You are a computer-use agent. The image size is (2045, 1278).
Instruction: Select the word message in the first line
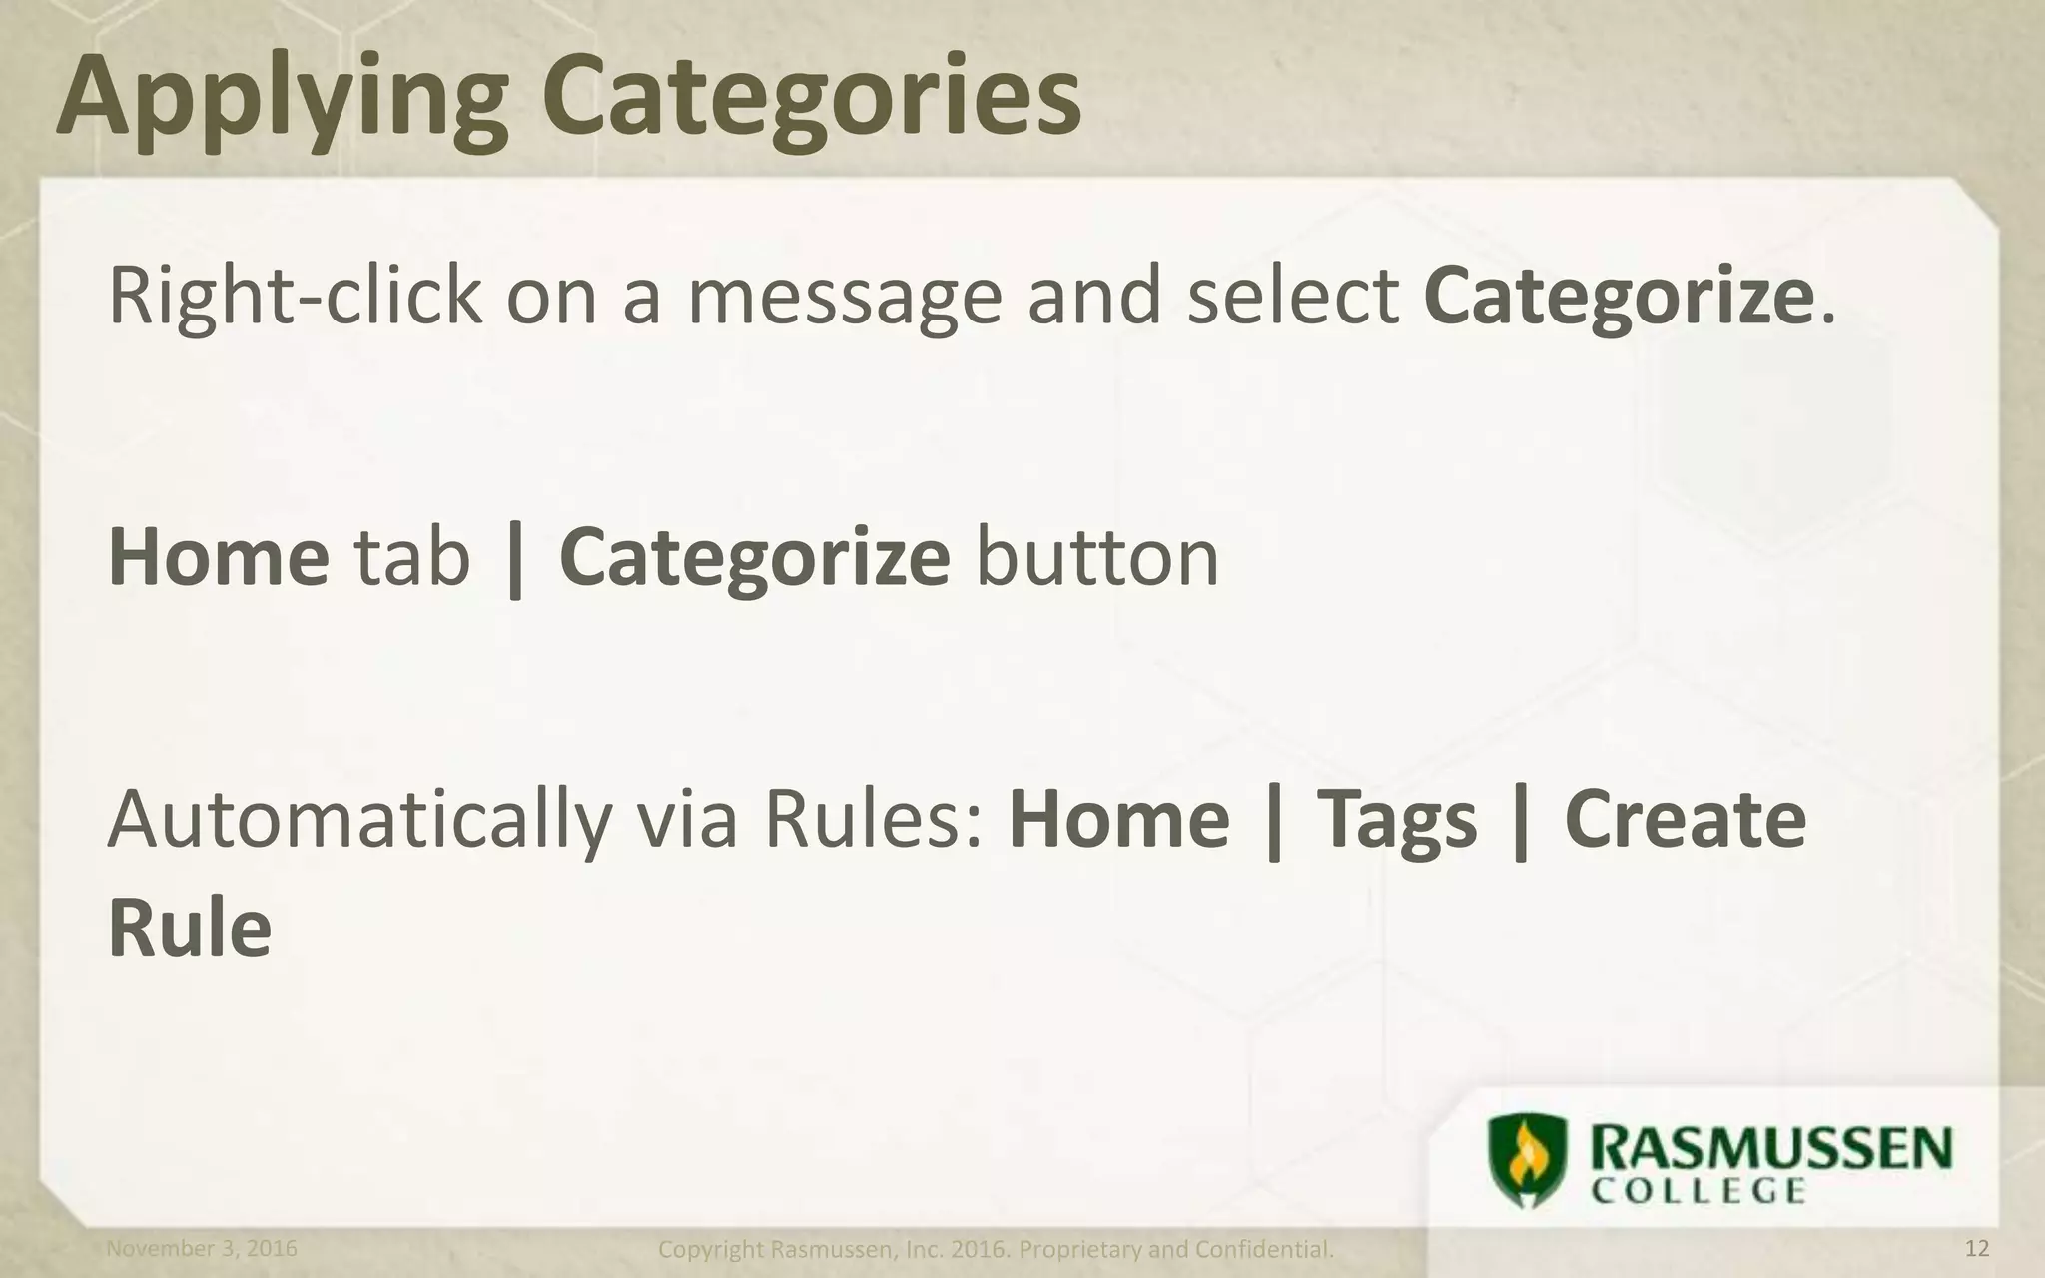pos(844,298)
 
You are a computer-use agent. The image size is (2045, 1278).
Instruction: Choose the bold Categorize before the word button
pos(754,559)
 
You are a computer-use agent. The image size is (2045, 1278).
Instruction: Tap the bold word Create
pos(1686,819)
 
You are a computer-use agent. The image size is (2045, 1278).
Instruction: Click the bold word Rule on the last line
pos(190,927)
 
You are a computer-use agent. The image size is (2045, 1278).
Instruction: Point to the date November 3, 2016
pos(202,1249)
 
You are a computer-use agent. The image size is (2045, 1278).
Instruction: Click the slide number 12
pos(1976,1249)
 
